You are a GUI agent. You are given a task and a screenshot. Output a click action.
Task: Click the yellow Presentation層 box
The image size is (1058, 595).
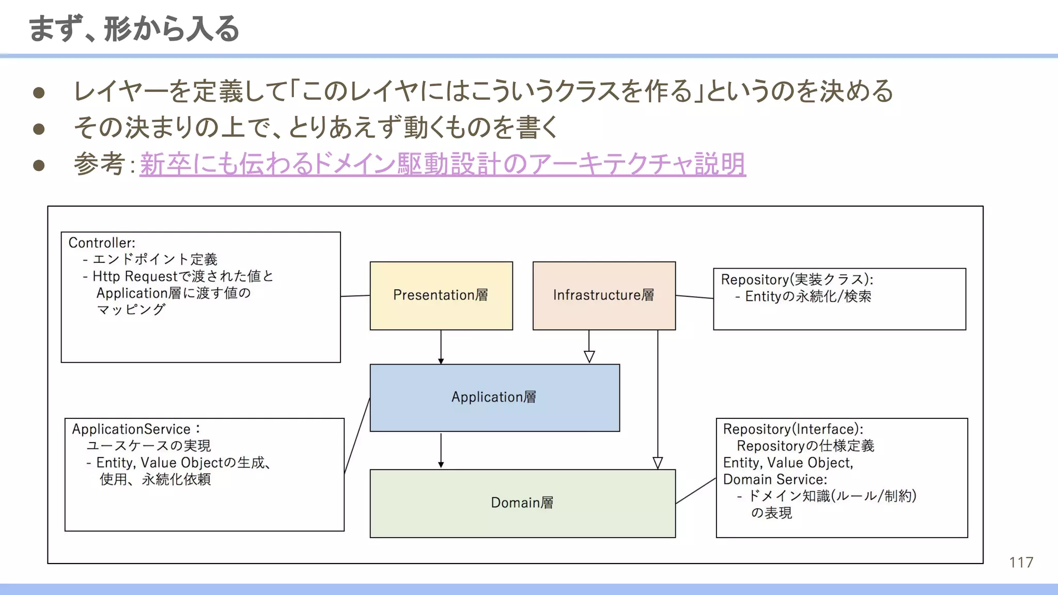click(x=441, y=295)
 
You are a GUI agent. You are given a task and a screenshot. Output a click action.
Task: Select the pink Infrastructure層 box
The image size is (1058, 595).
click(x=603, y=295)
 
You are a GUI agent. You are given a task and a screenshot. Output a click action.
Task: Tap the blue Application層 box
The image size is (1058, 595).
click(x=494, y=398)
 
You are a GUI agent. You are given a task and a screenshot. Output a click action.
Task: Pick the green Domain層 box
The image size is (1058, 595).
click(x=522, y=503)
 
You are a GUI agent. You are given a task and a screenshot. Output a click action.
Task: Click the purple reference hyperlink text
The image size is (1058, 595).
click(x=442, y=164)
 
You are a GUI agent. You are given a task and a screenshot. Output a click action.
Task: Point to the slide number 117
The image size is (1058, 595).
click(x=1021, y=562)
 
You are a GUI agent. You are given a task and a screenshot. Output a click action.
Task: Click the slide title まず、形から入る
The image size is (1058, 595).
click(x=134, y=29)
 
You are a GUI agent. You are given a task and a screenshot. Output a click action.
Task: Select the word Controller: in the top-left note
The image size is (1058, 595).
click(x=102, y=243)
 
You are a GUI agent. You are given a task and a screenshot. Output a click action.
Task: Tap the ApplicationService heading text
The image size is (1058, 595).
click(x=131, y=429)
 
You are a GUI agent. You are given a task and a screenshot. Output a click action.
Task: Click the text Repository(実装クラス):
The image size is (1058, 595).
click(x=797, y=279)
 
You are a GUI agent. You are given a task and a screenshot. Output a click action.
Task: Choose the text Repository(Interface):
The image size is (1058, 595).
click(x=792, y=429)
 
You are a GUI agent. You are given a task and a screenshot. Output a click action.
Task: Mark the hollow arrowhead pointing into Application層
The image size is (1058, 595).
click(x=589, y=356)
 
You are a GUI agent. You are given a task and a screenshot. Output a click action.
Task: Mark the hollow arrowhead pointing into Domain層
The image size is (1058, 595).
click(x=658, y=462)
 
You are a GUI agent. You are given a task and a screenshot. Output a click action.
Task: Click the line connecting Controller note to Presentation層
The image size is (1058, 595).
click(x=355, y=296)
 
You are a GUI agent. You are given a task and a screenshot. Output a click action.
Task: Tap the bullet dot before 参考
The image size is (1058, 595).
click(x=39, y=165)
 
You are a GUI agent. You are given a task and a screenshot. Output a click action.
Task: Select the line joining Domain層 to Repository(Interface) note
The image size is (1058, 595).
click(x=695, y=491)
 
